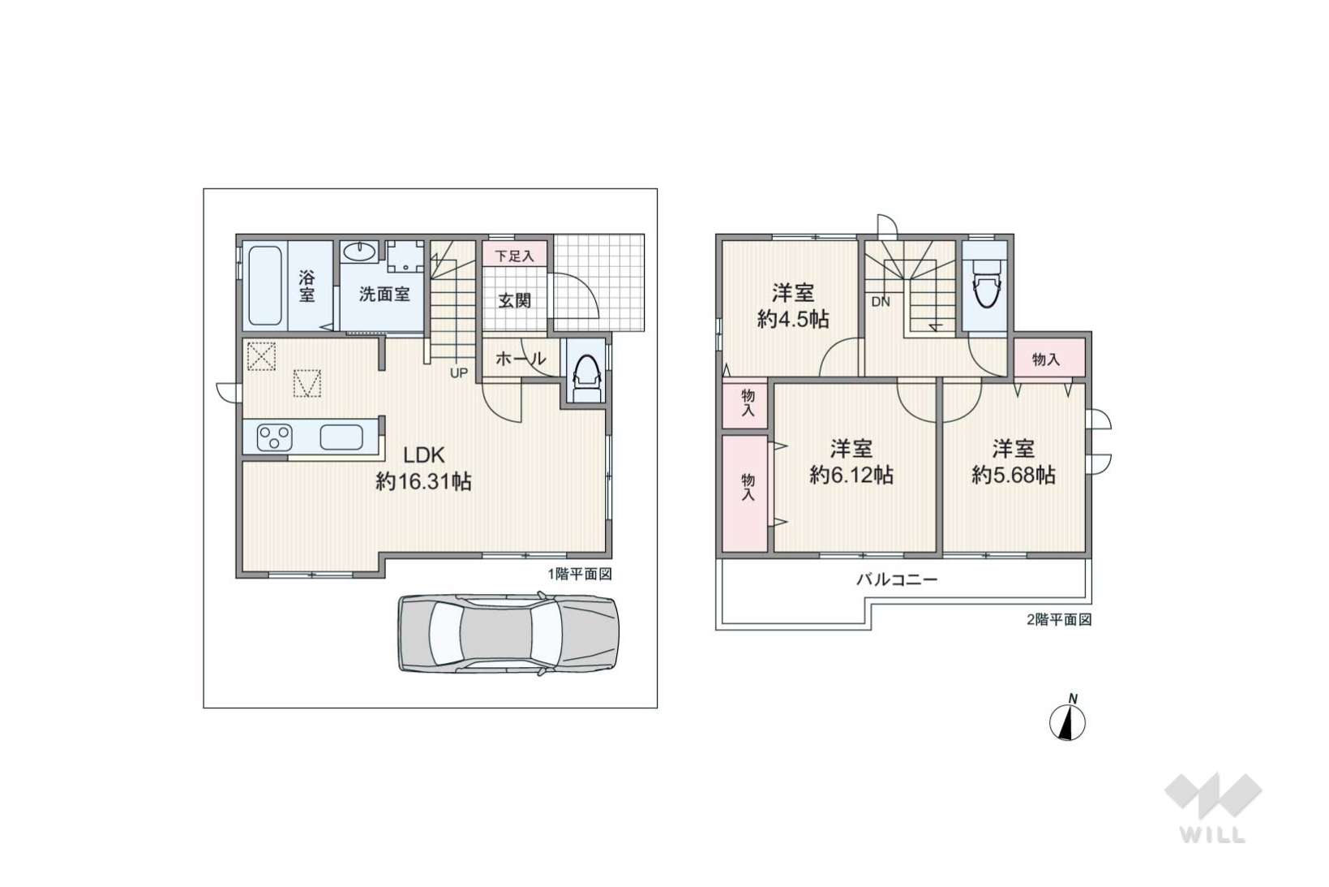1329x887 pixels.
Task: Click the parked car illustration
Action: [508, 632]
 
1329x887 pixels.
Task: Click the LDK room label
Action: [423, 455]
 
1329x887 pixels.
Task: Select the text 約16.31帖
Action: [423, 481]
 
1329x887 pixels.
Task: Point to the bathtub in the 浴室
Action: [264, 286]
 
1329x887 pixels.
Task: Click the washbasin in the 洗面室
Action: [359, 252]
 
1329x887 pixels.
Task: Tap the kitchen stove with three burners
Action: [274, 437]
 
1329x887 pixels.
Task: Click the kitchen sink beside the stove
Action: [341, 437]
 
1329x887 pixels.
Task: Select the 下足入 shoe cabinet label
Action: [514, 256]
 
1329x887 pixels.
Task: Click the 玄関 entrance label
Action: [514, 300]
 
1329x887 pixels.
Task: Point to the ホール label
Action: [521, 359]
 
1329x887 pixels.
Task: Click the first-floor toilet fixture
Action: [586, 379]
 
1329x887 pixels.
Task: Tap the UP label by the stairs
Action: [459, 372]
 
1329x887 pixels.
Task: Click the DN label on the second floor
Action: [881, 302]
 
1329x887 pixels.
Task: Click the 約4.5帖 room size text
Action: [793, 320]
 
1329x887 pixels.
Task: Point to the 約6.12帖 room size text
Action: [851, 475]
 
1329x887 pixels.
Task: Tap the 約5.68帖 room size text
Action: [1014, 475]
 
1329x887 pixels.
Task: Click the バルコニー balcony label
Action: [897, 579]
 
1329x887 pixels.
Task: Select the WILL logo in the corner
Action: [1213, 807]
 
